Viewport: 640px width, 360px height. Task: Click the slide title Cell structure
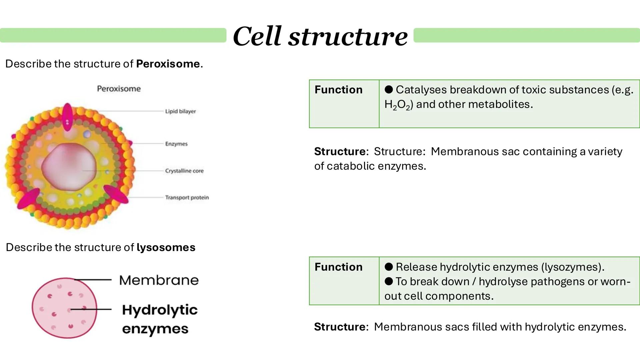[x=320, y=36]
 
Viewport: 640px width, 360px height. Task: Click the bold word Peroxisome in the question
[x=168, y=64]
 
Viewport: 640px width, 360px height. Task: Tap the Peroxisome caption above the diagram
[x=119, y=89]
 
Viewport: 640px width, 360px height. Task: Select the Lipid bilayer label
[x=180, y=111]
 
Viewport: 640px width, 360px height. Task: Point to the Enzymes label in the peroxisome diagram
[x=176, y=144]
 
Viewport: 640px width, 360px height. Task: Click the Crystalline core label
[x=184, y=171]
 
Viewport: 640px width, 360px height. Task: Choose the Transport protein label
[x=187, y=197]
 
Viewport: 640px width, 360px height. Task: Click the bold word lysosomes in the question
[x=166, y=247]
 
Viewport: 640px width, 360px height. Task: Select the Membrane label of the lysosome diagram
[x=159, y=280]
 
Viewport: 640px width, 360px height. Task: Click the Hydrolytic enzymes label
[x=159, y=319]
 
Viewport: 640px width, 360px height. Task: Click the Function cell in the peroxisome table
[x=338, y=90]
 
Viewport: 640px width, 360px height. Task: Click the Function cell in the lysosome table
[x=338, y=267]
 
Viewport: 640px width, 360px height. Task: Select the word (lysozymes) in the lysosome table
[x=573, y=267]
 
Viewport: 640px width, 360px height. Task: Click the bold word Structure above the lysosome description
[x=340, y=327]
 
